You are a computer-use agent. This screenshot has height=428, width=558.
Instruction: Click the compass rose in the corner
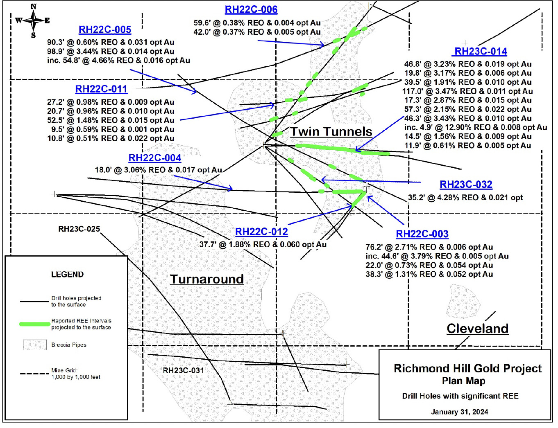click(x=33, y=20)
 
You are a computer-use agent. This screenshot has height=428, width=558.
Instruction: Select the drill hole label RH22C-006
click(x=251, y=9)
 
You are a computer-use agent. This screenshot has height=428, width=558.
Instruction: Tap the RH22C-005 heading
click(x=105, y=29)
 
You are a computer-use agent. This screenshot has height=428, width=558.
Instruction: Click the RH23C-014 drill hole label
click(x=481, y=51)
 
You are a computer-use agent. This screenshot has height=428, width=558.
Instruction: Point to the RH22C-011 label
click(x=101, y=89)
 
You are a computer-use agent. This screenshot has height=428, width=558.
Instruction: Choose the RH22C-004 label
click(x=154, y=158)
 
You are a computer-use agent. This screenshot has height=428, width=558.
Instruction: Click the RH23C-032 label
click(x=466, y=185)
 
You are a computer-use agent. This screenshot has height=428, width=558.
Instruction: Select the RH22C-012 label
click(x=261, y=232)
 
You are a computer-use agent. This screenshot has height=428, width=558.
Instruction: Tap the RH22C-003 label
click(x=422, y=234)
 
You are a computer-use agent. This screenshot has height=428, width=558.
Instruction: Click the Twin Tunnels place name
click(x=331, y=131)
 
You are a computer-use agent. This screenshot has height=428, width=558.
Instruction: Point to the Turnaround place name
click(x=207, y=279)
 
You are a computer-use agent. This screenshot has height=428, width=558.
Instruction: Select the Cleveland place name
click(x=477, y=328)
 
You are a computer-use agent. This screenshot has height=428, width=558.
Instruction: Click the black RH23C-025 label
click(x=79, y=229)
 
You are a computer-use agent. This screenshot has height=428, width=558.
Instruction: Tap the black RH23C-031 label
click(x=183, y=370)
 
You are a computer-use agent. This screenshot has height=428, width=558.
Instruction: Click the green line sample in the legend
click(x=35, y=324)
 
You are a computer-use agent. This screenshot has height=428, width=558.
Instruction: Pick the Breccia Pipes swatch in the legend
click(x=34, y=345)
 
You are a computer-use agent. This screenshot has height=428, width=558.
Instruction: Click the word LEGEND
click(x=67, y=274)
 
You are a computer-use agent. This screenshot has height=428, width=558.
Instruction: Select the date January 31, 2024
click(x=459, y=412)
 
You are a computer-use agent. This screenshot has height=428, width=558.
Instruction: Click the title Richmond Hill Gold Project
click(x=467, y=368)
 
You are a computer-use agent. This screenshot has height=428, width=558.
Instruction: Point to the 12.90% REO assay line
click(x=475, y=127)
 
